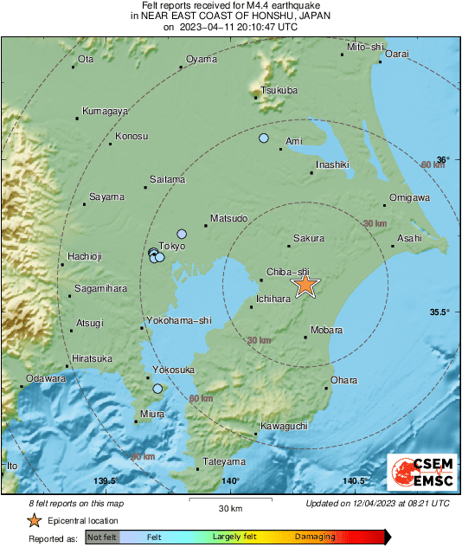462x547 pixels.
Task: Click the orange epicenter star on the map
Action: pos(305,286)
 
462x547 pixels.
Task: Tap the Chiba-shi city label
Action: pos(288,271)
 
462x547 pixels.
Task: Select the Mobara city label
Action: pos(326,330)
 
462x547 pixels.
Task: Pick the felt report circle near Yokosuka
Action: pos(157,389)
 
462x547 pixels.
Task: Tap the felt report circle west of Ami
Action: pos(264,138)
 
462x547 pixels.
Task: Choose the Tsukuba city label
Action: pos(279,90)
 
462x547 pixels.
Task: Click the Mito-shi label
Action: pos(364,46)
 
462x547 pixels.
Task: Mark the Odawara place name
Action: pos(46,378)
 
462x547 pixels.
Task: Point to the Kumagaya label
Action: pos(105,111)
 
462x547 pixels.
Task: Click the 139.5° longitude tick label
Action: pos(106,481)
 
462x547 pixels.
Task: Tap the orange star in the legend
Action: pos(34,520)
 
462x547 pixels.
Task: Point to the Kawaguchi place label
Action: pos(285,427)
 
